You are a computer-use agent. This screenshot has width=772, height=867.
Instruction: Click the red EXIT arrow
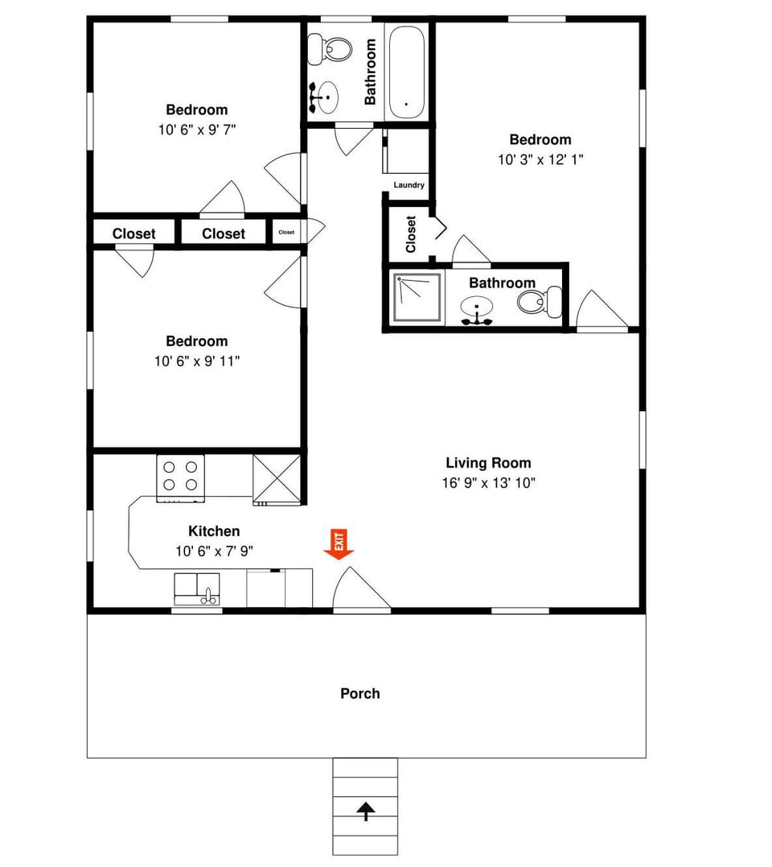[x=339, y=544]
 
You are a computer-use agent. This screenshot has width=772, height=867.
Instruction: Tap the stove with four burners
[x=180, y=477]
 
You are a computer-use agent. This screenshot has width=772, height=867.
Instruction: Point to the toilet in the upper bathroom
[x=332, y=48]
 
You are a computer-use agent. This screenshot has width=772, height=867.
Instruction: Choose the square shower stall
[x=417, y=298]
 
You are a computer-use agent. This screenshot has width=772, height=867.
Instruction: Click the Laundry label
[x=409, y=185]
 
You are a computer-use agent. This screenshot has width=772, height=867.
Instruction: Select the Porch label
[x=359, y=693]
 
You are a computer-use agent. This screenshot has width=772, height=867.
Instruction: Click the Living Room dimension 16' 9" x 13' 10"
[x=489, y=483]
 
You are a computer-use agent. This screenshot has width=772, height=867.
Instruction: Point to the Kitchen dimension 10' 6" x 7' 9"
[x=214, y=551]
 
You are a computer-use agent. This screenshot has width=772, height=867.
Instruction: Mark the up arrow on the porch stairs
[x=366, y=811]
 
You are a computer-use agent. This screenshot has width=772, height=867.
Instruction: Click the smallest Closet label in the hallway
[x=286, y=232]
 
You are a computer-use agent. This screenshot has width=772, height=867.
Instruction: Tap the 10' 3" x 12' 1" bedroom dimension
[x=540, y=159]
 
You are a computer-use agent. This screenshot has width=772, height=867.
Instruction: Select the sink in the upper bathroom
[x=326, y=97]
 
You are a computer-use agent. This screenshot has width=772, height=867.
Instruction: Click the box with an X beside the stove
[x=277, y=479]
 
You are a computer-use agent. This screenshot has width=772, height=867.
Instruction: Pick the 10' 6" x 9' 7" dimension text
[x=197, y=129]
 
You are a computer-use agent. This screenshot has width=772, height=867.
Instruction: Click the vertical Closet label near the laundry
[x=411, y=234]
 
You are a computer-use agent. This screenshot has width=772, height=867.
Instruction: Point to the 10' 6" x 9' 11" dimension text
[x=197, y=361]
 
